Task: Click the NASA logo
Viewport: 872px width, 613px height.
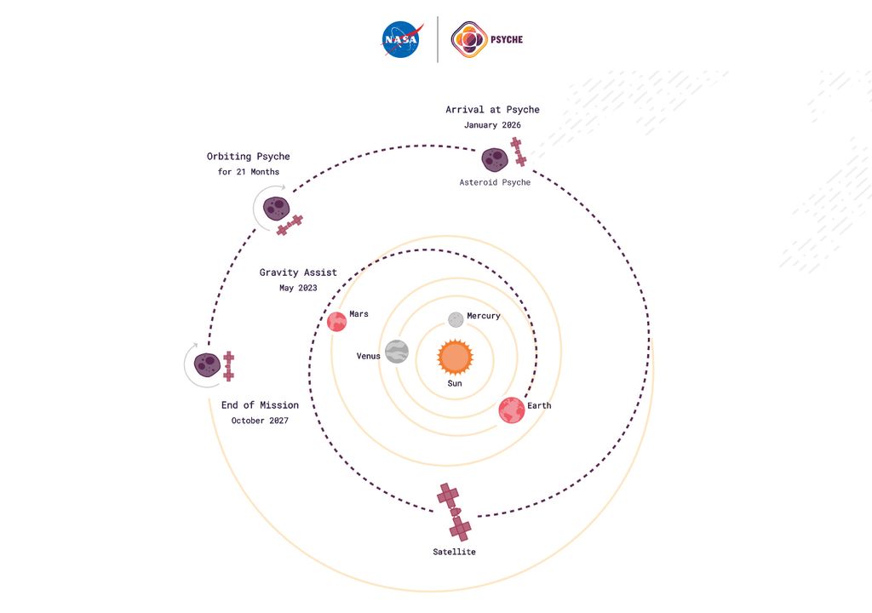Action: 402,39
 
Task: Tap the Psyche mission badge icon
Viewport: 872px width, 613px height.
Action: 469,39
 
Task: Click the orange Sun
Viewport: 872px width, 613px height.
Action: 455,357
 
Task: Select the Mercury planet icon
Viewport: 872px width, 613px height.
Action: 456,319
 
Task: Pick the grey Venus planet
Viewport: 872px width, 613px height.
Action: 397,352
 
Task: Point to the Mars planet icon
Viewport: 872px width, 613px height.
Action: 336,322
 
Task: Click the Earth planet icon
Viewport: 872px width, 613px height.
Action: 512,410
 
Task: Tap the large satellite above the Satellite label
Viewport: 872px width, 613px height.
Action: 455,512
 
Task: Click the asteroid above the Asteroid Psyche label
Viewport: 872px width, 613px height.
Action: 495,160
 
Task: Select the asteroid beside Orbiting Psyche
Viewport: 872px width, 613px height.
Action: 277,209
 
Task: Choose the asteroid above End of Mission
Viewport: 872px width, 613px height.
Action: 208,365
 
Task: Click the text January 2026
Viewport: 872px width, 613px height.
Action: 492,125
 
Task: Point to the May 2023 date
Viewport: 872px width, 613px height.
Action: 298,288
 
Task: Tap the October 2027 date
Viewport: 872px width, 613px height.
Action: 260,421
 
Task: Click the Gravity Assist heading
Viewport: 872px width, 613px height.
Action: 298,272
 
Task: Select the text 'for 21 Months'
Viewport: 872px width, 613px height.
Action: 249,172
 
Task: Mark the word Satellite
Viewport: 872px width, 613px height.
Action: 455,552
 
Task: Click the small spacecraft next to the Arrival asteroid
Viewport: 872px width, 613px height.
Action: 519,152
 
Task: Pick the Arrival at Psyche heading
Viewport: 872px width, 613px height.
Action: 492,110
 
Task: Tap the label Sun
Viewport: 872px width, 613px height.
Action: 455,383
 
